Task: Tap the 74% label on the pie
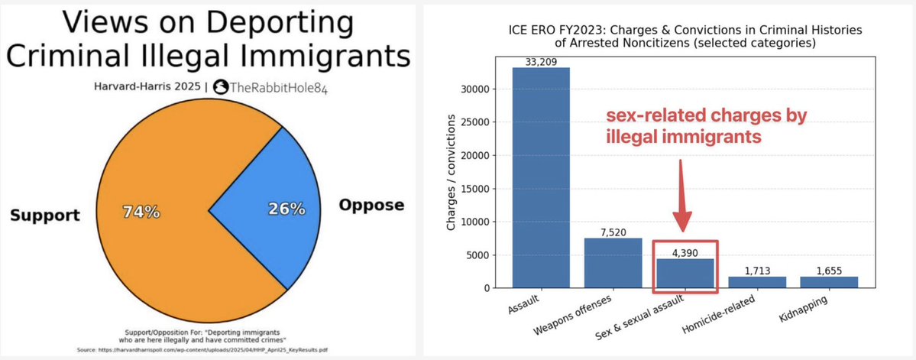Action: pos(141,212)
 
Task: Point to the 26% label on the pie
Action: pos(286,208)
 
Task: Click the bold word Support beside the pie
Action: pos(44,216)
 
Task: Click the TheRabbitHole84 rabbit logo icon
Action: pos(220,87)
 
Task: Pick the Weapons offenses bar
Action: pos(613,263)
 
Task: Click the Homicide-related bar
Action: pos(756,282)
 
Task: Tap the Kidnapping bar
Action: pos(828,282)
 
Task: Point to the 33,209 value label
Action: pos(541,62)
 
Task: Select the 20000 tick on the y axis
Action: pos(481,155)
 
